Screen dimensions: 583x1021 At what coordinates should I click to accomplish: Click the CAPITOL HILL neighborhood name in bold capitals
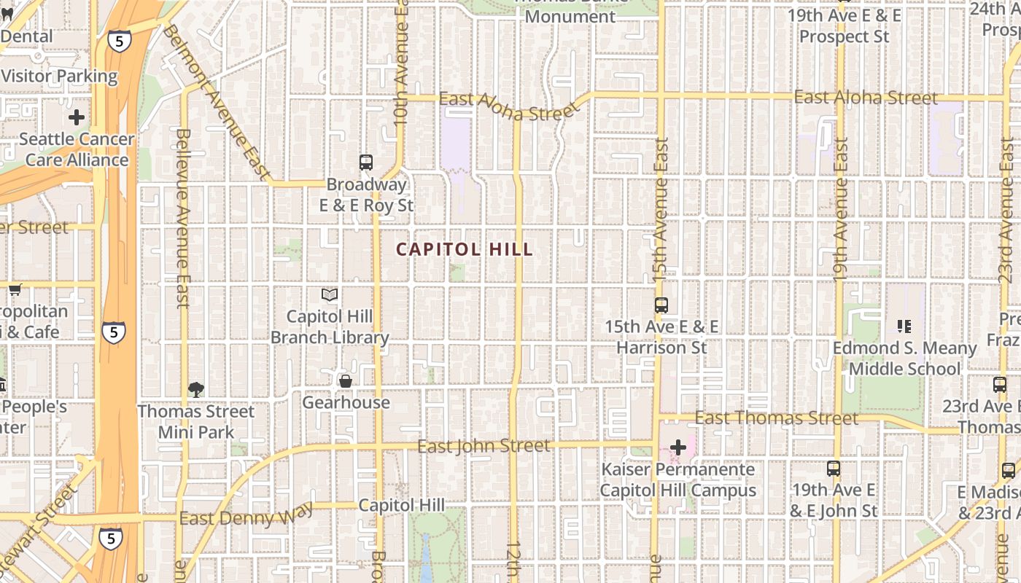point(465,249)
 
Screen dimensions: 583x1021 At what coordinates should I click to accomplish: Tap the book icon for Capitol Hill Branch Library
point(330,294)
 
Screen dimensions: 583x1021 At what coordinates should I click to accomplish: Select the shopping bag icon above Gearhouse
point(346,381)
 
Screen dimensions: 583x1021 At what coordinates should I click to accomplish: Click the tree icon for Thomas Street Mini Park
point(195,389)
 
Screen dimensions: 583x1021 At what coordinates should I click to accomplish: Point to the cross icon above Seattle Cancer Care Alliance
point(77,117)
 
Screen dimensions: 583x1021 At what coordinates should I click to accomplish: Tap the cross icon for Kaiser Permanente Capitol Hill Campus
point(678,447)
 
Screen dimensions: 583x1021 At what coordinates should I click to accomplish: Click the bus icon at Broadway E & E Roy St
point(366,163)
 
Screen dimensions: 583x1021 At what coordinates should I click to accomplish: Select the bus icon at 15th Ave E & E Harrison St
point(661,305)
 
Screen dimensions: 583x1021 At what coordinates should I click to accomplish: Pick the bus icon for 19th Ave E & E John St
point(834,469)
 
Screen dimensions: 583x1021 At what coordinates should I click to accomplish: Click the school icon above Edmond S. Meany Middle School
point(904,326)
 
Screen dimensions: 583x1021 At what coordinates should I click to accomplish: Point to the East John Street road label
point(484,445)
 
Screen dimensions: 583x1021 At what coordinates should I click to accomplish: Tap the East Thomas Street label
point(776,418)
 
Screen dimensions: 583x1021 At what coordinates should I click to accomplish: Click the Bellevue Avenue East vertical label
point(182,219)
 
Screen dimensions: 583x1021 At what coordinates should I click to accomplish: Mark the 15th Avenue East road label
point(661,209)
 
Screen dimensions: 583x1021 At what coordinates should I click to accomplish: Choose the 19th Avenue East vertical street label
point(840,210)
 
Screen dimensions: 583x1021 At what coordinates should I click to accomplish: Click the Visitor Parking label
point(59,76)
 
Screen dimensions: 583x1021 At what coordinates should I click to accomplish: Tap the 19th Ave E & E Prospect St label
point(844,26)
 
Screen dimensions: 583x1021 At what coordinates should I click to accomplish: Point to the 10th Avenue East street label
point(401,66)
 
